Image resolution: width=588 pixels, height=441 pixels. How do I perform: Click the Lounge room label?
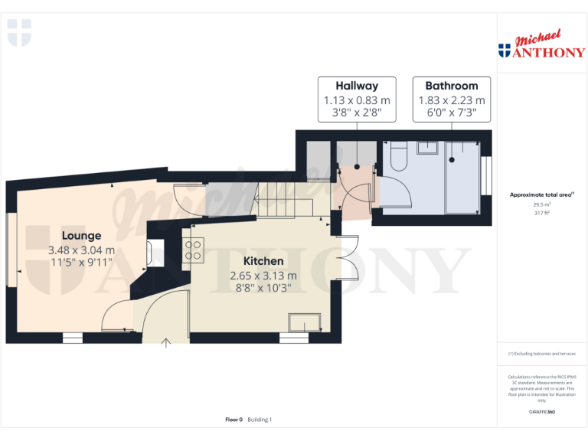coord(81,235)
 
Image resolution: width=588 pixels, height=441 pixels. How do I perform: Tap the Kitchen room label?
coord(263,261)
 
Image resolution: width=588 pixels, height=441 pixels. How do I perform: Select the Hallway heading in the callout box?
coord(356,86)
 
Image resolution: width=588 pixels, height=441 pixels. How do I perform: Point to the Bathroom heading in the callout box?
coord(451,86)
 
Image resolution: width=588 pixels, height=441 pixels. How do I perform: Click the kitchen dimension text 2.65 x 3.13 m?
coord(263,276)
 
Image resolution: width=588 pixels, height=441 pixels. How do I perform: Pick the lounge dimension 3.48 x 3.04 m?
coord(81,250)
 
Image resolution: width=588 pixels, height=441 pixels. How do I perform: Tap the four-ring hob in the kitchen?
coord(194,250)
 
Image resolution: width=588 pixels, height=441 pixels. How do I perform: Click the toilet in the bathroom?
coord(398,158)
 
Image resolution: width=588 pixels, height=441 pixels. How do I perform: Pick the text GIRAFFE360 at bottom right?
coord(541,412)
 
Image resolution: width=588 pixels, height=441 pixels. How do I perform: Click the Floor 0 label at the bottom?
coord(234,419)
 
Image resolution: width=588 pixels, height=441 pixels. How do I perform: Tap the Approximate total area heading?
coord(541,195)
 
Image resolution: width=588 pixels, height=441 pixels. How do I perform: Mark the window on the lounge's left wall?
coord(11,251)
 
